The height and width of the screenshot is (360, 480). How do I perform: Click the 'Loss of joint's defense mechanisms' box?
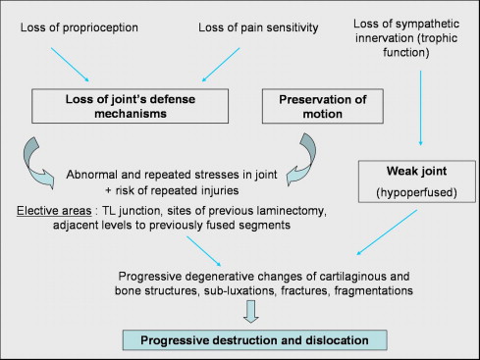click(x=130, y=106)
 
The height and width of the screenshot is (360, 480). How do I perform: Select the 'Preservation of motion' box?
click(x=323, y=106)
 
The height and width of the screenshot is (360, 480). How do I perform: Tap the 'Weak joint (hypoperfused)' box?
click(x=417, y=181)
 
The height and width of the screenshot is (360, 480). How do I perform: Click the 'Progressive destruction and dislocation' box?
click(x=254, y=340)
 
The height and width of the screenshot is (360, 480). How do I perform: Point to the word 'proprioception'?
click(x=100, y=28)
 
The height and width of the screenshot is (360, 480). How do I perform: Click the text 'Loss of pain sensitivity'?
click(x=258, y=27)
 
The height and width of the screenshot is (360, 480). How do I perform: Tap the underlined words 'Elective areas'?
click(x=54, y=211)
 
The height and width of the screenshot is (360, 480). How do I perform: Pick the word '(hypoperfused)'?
click(x=416, y=192)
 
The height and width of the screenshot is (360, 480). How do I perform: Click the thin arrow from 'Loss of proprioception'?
click(x=70, y=65)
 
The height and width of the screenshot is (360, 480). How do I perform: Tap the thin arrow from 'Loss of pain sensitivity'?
click(x=221, y=65)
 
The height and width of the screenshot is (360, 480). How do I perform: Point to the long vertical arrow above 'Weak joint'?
click(x=421, y=108)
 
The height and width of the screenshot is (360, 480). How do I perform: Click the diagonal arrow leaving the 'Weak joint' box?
click(x=387, y=232)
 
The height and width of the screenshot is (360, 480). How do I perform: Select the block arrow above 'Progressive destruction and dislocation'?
click(x=251, y=312)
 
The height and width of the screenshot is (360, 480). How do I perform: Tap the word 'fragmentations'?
click(x=374, y=290)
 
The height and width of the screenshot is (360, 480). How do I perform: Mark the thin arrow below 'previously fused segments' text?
click(x=204, y=251)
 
